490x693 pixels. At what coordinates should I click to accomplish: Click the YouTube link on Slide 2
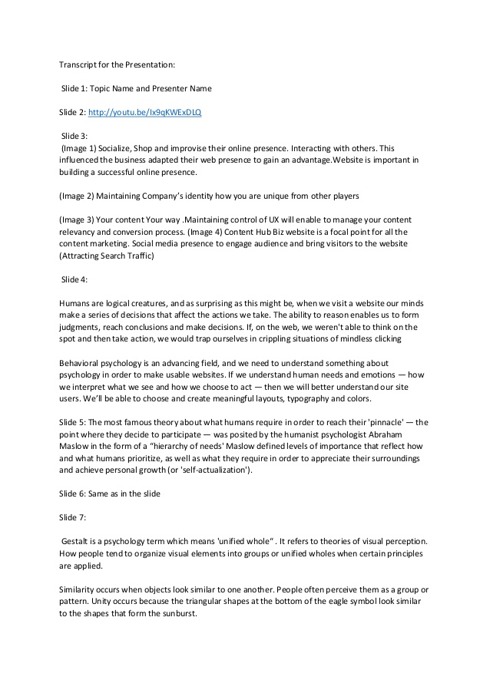pyautogui.click(x=144, y=112)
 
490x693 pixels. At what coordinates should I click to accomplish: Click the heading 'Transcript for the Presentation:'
pyautogui.click(x=118, y=64)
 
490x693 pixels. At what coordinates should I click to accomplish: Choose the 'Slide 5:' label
pyautogui.click(x=73, y=422)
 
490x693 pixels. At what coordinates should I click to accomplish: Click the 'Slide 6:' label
pyautogui.click(x=73, y=493)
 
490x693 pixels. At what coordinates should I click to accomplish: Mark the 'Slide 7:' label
pyautogui.click(x=73, y=517)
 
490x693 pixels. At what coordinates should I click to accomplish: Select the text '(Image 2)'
pyautogui.click(x=78, y=195)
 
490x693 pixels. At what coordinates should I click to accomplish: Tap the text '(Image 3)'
pyautogui.click(x=78, y=219)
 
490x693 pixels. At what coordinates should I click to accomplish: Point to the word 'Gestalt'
pyautogui.click(x=78, y=542)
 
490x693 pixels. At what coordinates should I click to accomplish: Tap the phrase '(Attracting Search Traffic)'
pyautogui.click(x=107, y=256)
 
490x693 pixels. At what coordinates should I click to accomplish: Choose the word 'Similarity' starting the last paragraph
pyautogui.click(x=79, y=589)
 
